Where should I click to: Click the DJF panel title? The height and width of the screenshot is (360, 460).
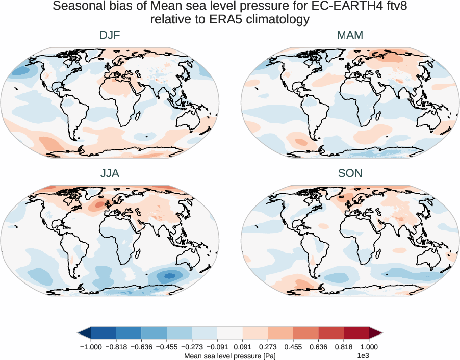click(110, 35)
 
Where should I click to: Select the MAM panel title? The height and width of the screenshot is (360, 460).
click(350, 35)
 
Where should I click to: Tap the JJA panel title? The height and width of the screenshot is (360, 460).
click(110, 173)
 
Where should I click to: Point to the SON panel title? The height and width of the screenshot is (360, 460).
click(350, 173)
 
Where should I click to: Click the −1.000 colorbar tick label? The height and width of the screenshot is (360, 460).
click(91, 346)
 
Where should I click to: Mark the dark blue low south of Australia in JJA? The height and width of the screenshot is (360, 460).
click(170, 275)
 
